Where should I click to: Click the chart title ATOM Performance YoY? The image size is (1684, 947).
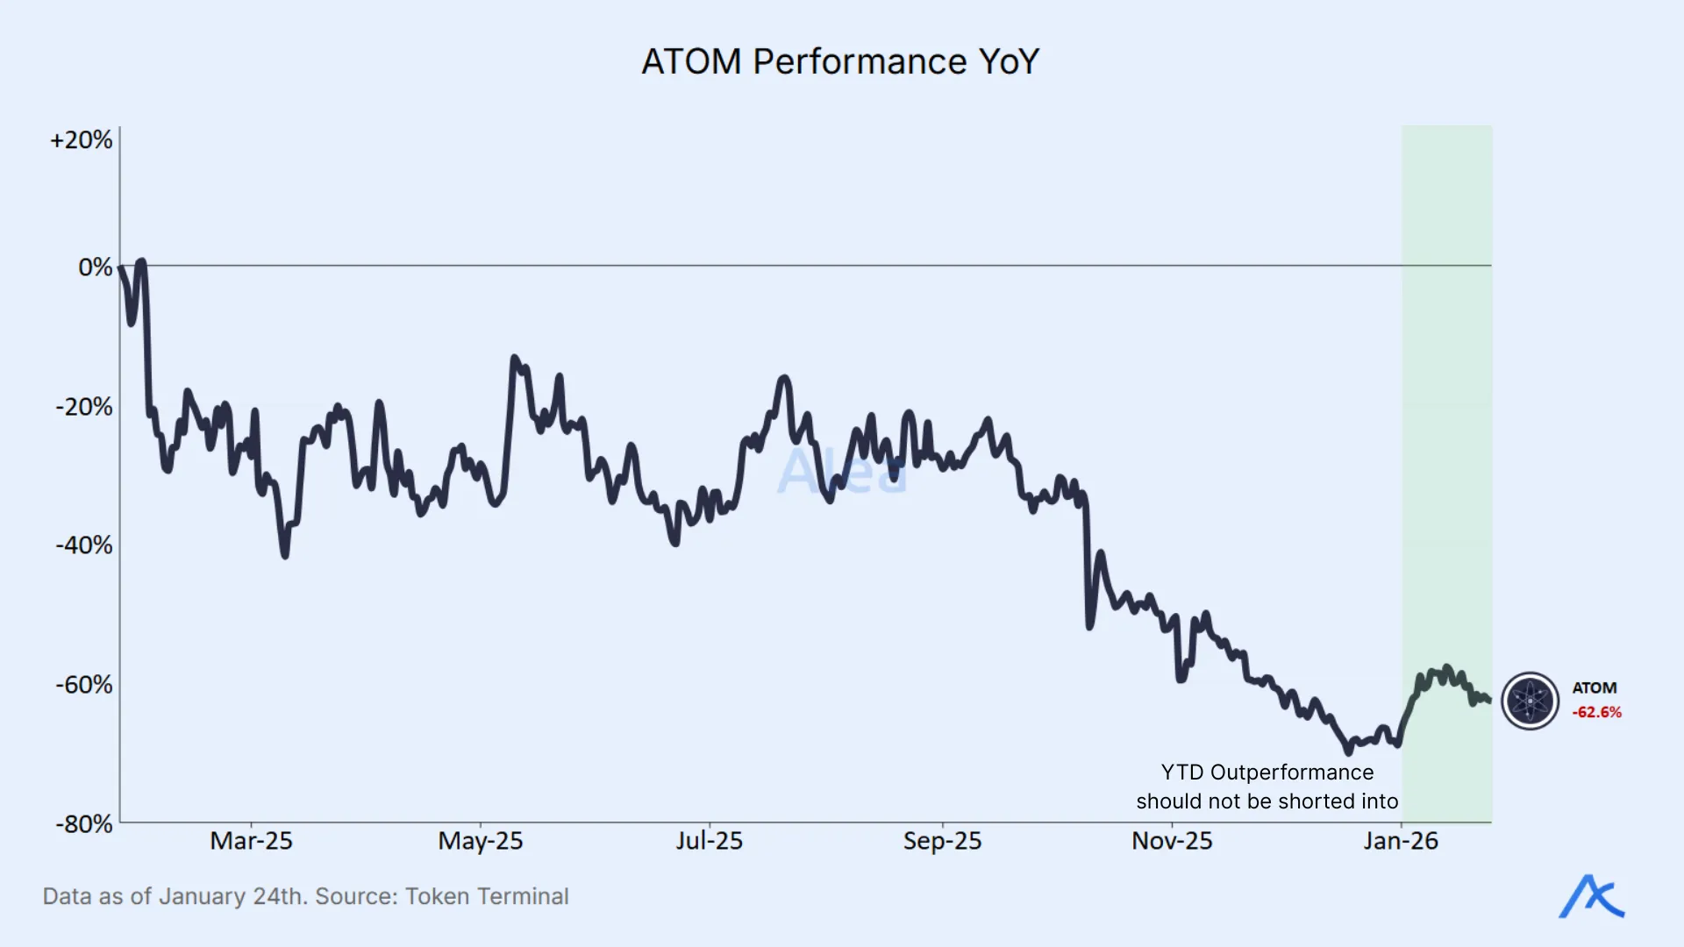[x=840, y=61]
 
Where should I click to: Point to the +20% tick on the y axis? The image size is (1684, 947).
[x=82, y=140]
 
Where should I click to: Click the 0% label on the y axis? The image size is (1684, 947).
[x=95, y=267]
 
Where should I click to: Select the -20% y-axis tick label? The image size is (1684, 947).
[x=84, y=407]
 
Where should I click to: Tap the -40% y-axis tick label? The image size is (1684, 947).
[x=84, y=545]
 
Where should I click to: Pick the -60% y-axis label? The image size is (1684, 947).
[x=84, y=685]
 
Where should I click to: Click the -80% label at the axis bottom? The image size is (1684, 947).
[x=84, y=824]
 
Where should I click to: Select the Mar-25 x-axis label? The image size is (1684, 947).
[x=251, y=841]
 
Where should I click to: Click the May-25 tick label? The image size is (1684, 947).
[x=481, y=841]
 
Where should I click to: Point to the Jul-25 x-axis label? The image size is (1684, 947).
[x=709, y=841]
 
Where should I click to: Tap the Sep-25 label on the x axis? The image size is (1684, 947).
[x=942, y=841]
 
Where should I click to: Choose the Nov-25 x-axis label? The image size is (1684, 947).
[x=1172, y=841]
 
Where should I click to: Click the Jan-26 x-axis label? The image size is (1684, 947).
[x=1401, y=841]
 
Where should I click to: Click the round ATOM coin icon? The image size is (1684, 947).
[x=1530, y=701]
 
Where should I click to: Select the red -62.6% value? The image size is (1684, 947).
[x=1596, y=712]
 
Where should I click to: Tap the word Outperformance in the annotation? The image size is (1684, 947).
[x=1291, y=773]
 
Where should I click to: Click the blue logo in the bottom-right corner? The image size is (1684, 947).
[x=1591, y=897]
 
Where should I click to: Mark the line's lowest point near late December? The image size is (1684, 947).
[x=1349, y=751]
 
